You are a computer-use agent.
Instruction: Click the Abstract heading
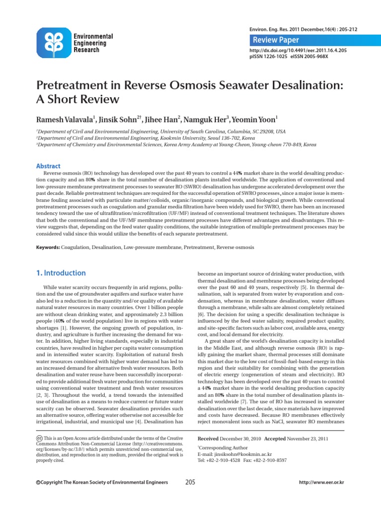[x=49, y=166]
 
